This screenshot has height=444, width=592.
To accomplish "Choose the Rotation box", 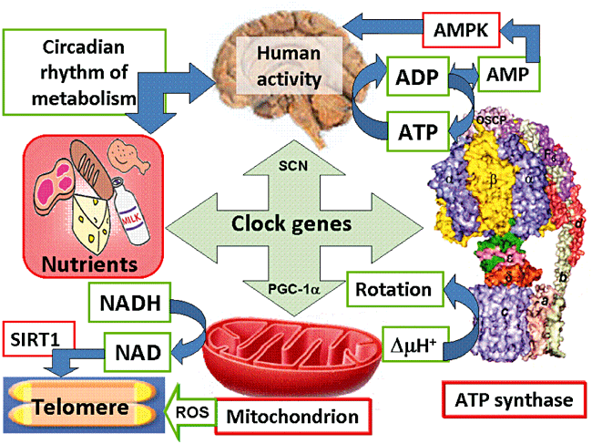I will [393, 290].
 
